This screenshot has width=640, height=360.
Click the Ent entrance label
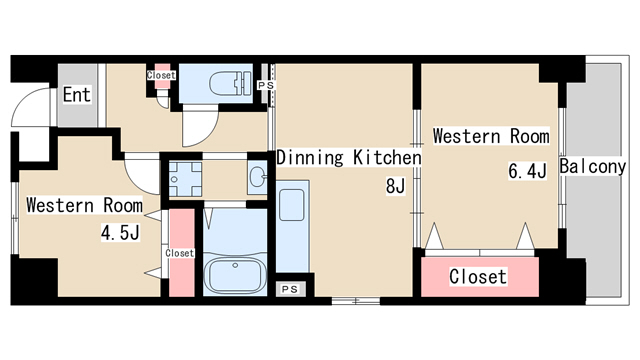point(77,95)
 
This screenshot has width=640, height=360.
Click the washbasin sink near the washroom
point(258,177)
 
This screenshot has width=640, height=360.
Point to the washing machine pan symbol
point(185,179)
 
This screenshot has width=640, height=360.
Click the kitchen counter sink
point(291,205)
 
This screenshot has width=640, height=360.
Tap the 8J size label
point(395,186)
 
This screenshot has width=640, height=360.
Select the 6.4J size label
point(527,171)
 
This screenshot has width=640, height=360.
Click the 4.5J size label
point(120,233)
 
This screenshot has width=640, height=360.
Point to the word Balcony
point(592,167)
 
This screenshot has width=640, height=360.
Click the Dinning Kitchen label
point(349,158)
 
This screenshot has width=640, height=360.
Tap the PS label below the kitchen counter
point(290,289)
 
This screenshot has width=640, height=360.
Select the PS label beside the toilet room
point(266,85)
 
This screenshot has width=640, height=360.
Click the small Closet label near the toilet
point(161,75)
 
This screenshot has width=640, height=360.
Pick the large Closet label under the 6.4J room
point(478,277)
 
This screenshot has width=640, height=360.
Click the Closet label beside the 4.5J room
point(180,253)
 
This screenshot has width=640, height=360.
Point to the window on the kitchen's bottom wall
point(356,301)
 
